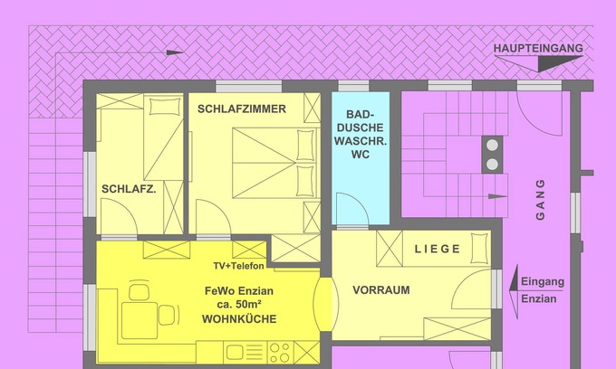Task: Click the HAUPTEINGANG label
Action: click(538, 48)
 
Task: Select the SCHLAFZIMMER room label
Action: click(242, 109)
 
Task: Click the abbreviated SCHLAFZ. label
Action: click(129, 189)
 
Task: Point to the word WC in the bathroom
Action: click(361, 155)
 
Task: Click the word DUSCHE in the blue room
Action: click(361, 128)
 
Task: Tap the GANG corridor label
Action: click(541, 200)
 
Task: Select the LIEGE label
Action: click(438, 249)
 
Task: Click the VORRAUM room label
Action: click(381, 290)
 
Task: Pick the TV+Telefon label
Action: click(239, 266)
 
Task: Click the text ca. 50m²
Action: click(239, 304)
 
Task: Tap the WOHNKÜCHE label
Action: click(239, 319)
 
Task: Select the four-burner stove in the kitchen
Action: click(281, 353)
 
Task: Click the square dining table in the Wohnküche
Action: click(140, 320)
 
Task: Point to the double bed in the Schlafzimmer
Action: click(274, 163)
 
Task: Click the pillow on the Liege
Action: click(479, 248)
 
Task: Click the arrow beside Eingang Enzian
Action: click(514, 291)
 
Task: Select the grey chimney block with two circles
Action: click(492, 155)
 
